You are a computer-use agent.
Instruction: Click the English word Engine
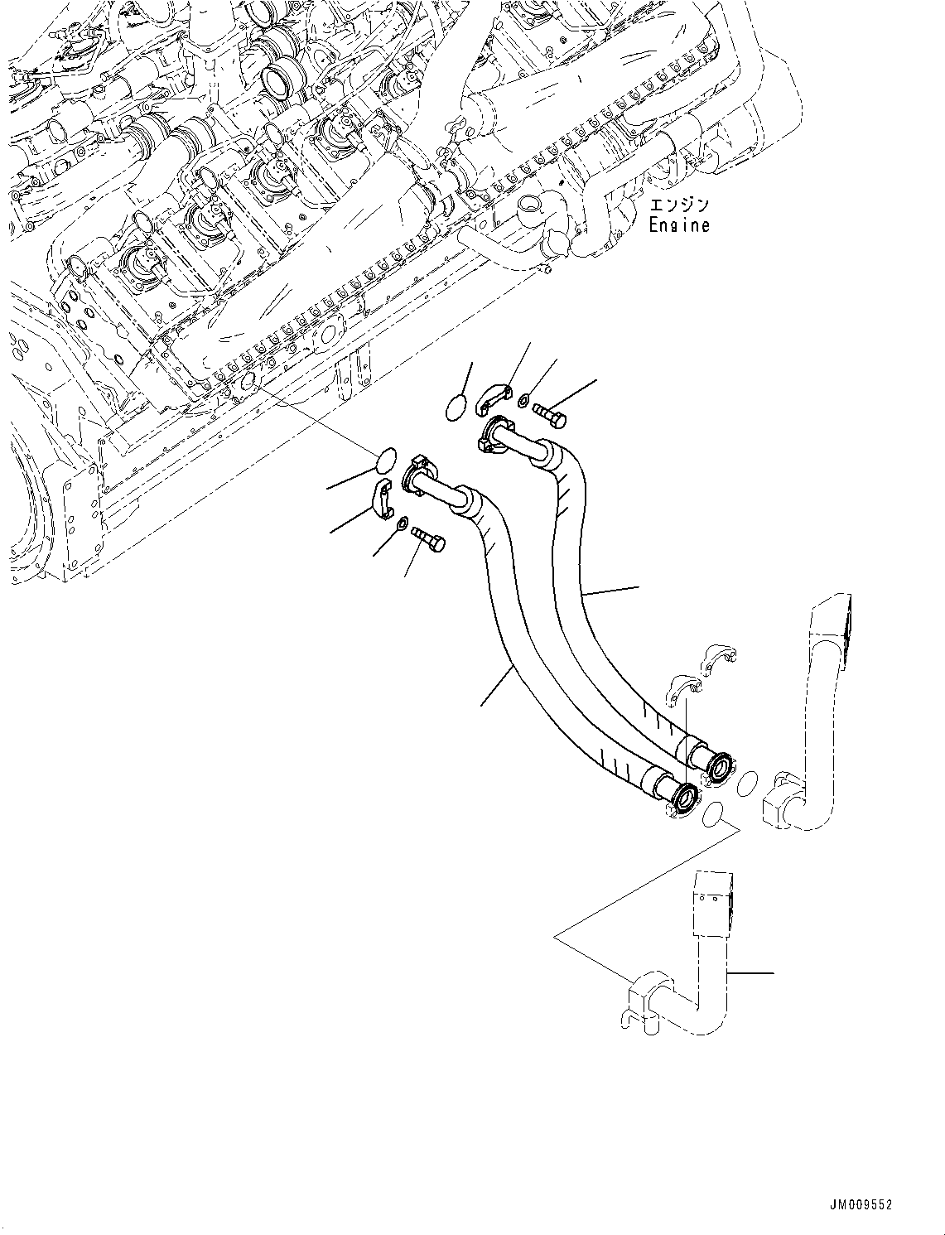tap(679, 225)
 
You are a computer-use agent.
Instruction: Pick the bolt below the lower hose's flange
tap(428, 538)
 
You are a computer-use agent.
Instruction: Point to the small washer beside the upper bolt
tap(525, 402)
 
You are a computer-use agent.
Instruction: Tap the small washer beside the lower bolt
tap(402, 523)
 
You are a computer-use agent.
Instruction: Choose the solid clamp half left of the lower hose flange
tap(380, 499)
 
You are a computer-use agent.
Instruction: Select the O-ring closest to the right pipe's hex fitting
tap(746, 783)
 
